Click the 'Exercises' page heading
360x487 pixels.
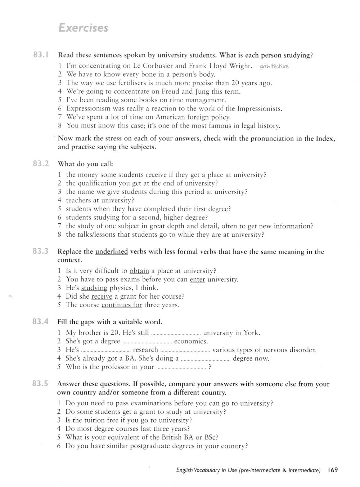click(x=83, y=28)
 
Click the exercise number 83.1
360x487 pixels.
click(x=41, y=55)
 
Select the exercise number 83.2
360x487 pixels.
click(x=41, y=164)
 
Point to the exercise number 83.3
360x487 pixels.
click(x=41, y=251)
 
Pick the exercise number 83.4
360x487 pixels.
click(x=41, y=322)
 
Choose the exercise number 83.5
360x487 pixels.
click(x=40, y=384)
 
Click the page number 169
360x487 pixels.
click(x=333, y=470)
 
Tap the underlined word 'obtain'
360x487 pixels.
click(x=139, y=271)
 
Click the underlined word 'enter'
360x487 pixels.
click(x=197, y=280)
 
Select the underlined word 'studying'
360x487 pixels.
click(x=94, y=288)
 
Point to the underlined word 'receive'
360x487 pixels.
click(x=102, y=297)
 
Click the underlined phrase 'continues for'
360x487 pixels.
click(x=122, y=305)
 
